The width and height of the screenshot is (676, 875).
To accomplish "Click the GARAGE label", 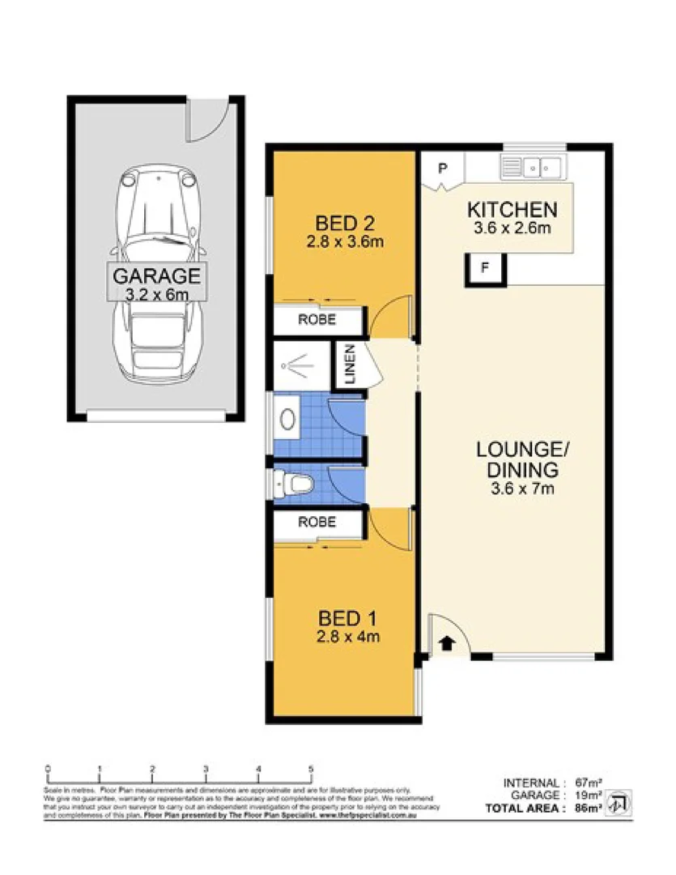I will pos(155,275).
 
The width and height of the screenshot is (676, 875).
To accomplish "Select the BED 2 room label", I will pos(343,220).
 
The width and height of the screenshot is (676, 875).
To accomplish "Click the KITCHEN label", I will pos(512,210).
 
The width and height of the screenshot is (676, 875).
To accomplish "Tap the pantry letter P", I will pos(442,169).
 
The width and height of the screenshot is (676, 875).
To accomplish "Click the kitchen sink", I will pos(534,168).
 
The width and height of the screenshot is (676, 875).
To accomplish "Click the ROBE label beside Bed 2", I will pos(317,320).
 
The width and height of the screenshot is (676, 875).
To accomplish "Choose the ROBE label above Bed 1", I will pos(317,523).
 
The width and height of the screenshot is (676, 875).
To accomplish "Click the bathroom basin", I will pos(288,419).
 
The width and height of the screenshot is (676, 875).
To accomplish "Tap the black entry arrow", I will pos(444,643).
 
